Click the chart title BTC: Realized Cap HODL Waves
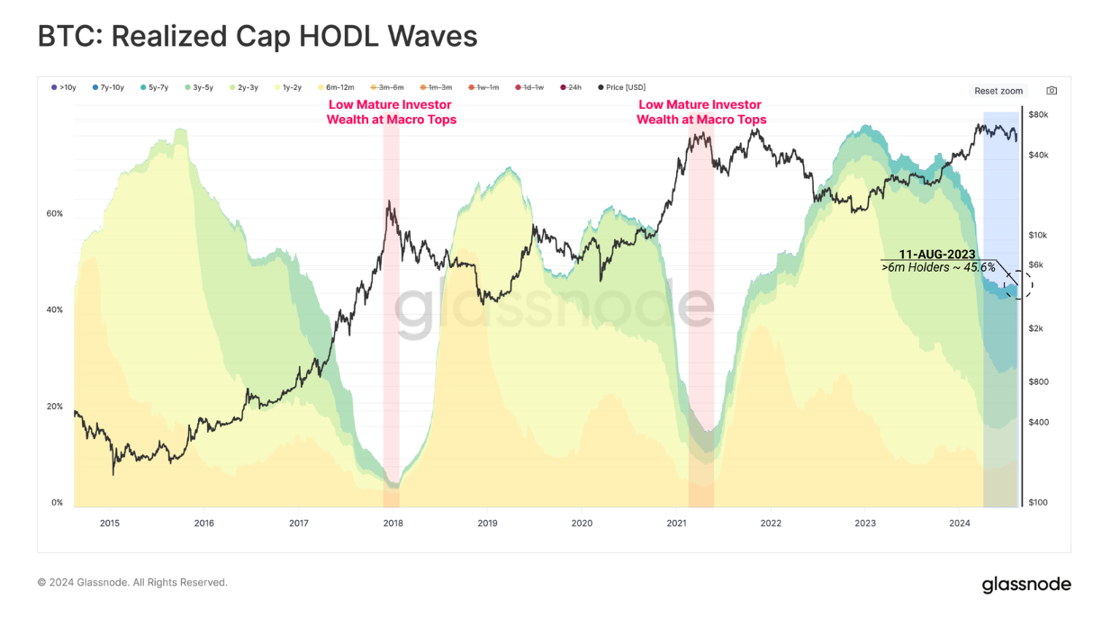pyautogui.click(x=257, y=36)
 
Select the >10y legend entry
pyautogui.click(x=64, y=88)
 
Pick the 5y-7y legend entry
pyautogui.click(x=155, y=88)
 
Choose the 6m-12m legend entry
pyautogui.click(x=335, y=88)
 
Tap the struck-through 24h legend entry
pyautogui.click(x=571, y=88)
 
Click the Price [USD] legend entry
pyautogui.click(x=622, y=88)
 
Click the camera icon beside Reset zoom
pyautogui.click(x=1052, y=91)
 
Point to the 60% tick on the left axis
pyautogui.click(x=55, y=214)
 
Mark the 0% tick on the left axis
pyautogui.click(x=57, y=503)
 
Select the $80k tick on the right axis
pyautogui.click(x=1038, y=115)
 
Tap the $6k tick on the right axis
pyautogui.click(x=1036, y=264)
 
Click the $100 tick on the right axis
pyautogui.click(x=1038, y=503)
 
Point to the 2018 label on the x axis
pyautogui.click(x=393, y=523)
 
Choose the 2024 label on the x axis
pyautogui.click(x=960, y=523)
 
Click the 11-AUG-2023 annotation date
pyautogui.click(x=937, y=255)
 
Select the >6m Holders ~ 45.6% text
pyautogui.click(x=938, y=268)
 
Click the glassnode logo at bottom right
pyautogui.click(x=1026, y=586)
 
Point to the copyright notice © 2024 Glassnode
pyautogui.click(x=132, y=583)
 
